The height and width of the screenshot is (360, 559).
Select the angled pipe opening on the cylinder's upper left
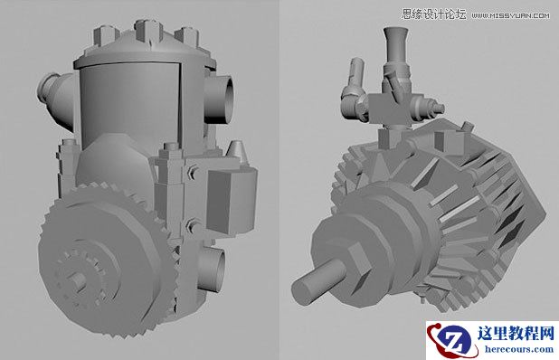(52, 94)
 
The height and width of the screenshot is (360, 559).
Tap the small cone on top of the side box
(236, 150)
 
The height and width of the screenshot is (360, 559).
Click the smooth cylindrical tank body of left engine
(136, 99)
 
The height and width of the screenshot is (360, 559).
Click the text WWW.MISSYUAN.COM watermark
(510, 15)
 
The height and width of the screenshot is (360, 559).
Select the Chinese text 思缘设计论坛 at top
(432, 14)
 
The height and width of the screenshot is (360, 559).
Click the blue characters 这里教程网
(511, 333)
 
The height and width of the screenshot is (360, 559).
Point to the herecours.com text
(511, 350)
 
